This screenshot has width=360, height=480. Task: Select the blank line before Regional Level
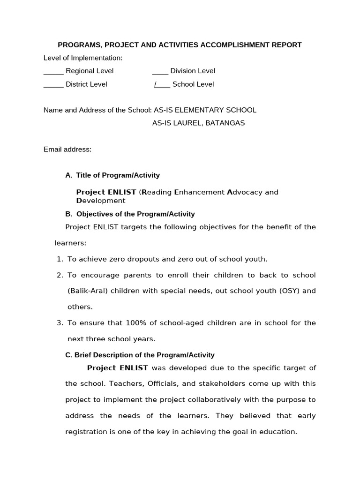[x=53, y=71]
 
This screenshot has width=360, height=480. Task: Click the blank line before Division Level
[x=160, y=71]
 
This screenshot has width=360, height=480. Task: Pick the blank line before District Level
[x=53, y=84]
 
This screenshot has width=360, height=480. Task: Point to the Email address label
[x=67, y=150]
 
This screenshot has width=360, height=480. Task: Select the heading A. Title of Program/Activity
[x=112, y=175]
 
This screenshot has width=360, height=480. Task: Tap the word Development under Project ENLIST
[x=101, y=201]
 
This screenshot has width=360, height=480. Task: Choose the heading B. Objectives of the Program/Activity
[x=130, y=214]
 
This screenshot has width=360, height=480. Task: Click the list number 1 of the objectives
[x=60, y=259]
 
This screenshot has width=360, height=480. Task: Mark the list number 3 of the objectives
[x=60, y=323]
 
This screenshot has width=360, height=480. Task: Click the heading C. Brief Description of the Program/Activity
[x=140, y=355]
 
